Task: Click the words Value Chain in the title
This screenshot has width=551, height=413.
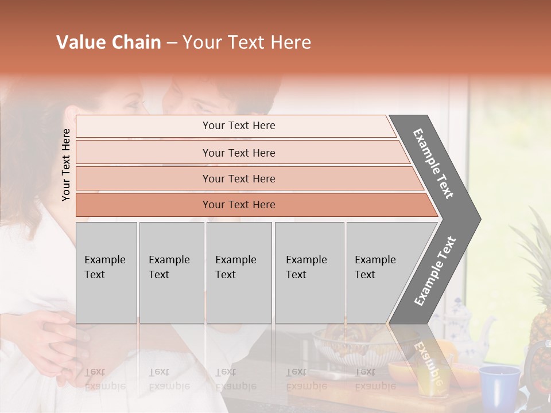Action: [x=108, y=42]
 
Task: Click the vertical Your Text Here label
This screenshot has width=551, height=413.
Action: [x=66, y=165]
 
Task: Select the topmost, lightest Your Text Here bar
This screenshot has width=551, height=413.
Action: [x=238, y=126]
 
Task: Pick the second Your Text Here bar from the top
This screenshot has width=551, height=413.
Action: [x=238, y=153]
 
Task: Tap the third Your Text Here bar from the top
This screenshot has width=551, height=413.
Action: [x=238, y=178]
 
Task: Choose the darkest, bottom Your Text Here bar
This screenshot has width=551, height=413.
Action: [x=238, y=205]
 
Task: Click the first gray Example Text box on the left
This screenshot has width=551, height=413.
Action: [x=106, y=272]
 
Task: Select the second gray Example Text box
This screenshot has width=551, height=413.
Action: [x=171, y=272]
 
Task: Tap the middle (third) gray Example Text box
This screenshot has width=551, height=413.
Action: [x=239, y=272]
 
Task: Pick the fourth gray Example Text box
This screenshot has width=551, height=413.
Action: [x=309, y=272]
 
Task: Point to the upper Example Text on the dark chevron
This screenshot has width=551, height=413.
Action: [x=434, y=163]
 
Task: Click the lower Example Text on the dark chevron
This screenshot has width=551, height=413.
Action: [x=435, y=271]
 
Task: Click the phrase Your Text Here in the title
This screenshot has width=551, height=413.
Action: [x=247, y=42]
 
